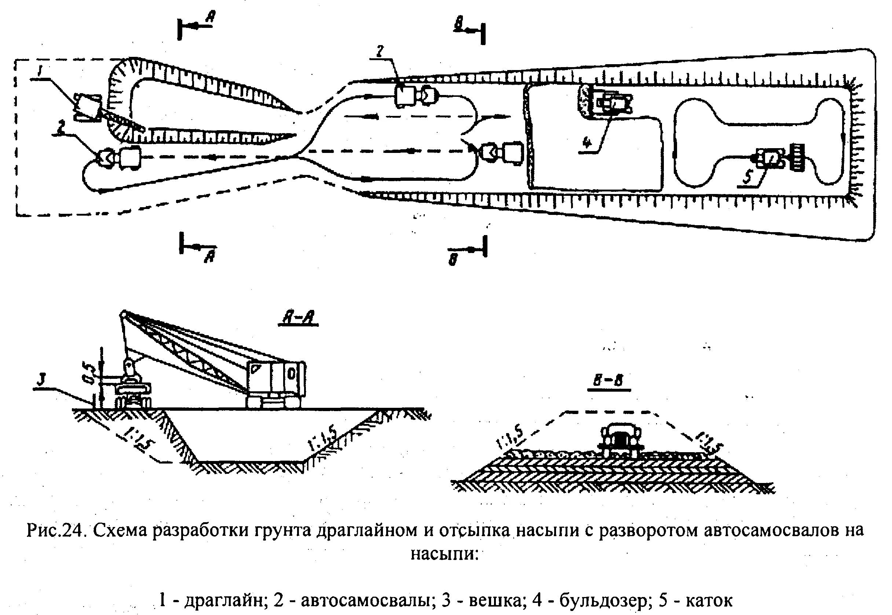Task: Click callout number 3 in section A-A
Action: [41, 380]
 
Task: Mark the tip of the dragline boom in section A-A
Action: [124, 314]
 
